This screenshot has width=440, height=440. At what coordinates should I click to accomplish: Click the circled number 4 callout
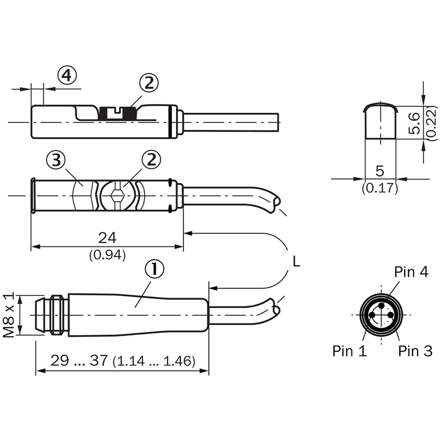(67, 76)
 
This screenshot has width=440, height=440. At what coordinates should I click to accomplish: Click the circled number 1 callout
(155, 269)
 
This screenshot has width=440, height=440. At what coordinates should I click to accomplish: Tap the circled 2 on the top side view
(148, 84)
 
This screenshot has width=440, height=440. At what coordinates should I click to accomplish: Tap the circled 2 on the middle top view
(152, 161)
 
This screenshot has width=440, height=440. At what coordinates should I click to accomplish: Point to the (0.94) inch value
(107, 254)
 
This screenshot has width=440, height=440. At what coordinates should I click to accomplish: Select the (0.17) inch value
(380, 188)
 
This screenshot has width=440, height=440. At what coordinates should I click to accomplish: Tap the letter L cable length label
(296, 262)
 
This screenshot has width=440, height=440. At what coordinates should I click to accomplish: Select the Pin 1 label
(349, 351)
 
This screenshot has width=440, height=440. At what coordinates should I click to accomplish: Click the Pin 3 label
(415, 351)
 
